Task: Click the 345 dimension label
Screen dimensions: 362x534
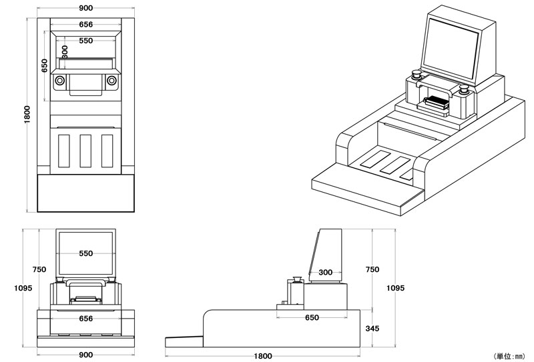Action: pos(372,328)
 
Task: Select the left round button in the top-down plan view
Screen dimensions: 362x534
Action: pos(60,81)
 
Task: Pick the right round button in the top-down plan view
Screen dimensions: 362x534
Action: pos(111,81)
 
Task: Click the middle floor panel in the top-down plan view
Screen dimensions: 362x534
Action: pos(85,151)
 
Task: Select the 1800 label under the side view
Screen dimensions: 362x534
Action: pos(262,355)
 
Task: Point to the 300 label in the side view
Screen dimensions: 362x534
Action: pos(326,272)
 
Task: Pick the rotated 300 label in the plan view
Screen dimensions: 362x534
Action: pos(65,52)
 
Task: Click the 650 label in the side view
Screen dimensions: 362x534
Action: pos(312,317)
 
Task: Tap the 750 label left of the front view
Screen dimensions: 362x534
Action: pos(39,269)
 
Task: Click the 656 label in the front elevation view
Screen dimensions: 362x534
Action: pos(85,319)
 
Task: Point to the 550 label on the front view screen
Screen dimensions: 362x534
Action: pos(85,253)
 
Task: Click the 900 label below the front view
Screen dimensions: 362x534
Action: pos(85,355)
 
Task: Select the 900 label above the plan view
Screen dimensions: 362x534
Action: pos(85,8)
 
